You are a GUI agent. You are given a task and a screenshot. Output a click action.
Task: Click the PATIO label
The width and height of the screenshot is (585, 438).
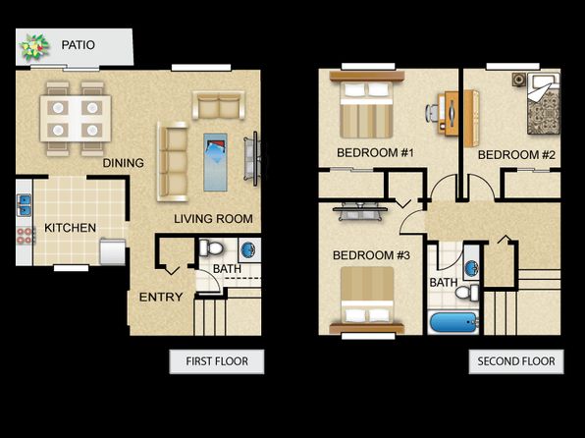pyautogui.click(x=78, y=45)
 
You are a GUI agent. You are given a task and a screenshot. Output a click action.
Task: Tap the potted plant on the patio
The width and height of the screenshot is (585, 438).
pyautogui.click(x=34, y=47)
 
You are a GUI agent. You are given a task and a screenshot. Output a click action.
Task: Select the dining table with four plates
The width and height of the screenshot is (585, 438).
pyautogui.click(x=76, y=119)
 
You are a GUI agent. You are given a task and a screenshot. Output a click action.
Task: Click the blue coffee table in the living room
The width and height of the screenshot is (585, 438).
pyautogui.click(x=215, y=162)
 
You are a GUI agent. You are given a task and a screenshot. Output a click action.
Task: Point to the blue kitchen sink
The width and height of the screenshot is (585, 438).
pyautogui.click(x=24, y=206)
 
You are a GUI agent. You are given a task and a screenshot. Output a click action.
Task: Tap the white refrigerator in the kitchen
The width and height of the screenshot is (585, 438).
pyautogui.click(x=113, y=252)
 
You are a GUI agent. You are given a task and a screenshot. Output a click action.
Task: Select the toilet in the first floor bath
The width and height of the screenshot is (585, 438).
pyautogui.click(x=211, y=247)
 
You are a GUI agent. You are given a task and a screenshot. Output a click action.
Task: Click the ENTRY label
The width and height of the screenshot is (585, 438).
pyautogui.click(x=161, y=298)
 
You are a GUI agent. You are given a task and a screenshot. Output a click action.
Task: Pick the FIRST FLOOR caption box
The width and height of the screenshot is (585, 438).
pyautogui.click(x=217, y=361)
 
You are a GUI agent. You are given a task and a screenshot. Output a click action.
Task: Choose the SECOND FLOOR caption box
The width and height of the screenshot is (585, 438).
pyautogui.click(x=516, y=361)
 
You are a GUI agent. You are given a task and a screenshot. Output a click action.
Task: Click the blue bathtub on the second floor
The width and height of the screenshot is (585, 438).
pyautogui.click(x=453, y=323)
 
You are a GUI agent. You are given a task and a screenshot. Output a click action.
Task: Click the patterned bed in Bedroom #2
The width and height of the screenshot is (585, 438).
pyautogui.click(x=544, y=104)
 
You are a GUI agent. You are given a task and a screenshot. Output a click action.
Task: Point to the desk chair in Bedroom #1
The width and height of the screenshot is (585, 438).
pyautogui.click(x=433, y=113)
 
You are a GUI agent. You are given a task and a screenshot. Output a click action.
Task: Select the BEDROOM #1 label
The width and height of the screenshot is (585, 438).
pyautogui.click(x=375, y=153)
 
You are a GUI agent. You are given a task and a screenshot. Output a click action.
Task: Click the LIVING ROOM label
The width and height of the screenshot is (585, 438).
pyautogui.click(x=213, y=219)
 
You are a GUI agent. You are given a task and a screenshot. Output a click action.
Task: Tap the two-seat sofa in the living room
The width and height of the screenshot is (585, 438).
pyautogui.click(x=219, y=105)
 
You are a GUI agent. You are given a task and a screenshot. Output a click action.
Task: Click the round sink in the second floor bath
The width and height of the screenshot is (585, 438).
pyautogui.click(x=471, y=268)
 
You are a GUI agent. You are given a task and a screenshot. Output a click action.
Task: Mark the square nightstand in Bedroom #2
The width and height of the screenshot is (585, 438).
pyautogui.click(x=519, y=80)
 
